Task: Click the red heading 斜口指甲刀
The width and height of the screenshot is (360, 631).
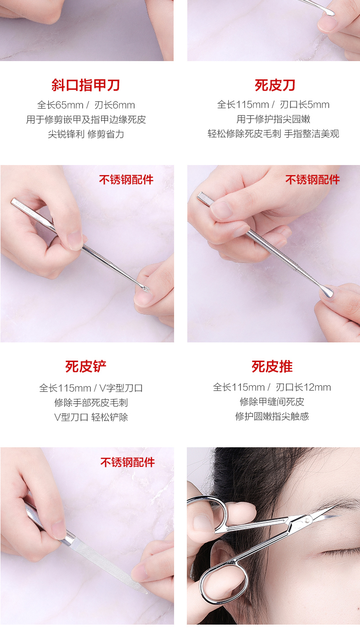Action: click(x=86, y=85)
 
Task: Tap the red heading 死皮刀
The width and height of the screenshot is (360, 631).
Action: click(x=275, y=85)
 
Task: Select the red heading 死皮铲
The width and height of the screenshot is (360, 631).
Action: click(x=86, y=367)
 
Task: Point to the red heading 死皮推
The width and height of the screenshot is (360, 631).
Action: click(x=272, y=367)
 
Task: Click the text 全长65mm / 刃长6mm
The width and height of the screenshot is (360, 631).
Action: click(x=86, y=105)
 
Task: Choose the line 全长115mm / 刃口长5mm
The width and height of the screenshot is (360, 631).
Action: click(x=273, y=104)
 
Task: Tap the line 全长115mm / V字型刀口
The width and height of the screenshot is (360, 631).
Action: click(x=91, y=388)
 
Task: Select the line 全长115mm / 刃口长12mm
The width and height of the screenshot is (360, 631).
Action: click(x=272, y=387)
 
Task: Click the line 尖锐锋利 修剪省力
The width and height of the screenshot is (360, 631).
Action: click(x=86, y=134)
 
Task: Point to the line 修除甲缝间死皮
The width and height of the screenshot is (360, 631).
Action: click(x=272, y=402)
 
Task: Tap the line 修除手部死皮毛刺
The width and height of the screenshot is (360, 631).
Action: click(x=91, y=403)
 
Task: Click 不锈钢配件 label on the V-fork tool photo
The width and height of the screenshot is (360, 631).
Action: click(x=126, y=180)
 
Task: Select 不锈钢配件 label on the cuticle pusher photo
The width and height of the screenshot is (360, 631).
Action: click(x=313, y=180)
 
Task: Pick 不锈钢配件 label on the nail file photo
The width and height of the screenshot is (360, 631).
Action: click(x=128, y=462)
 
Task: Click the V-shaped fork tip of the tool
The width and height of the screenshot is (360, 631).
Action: click(x=145, y=289)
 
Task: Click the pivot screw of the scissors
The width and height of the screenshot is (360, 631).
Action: click(x=307, y=520)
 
